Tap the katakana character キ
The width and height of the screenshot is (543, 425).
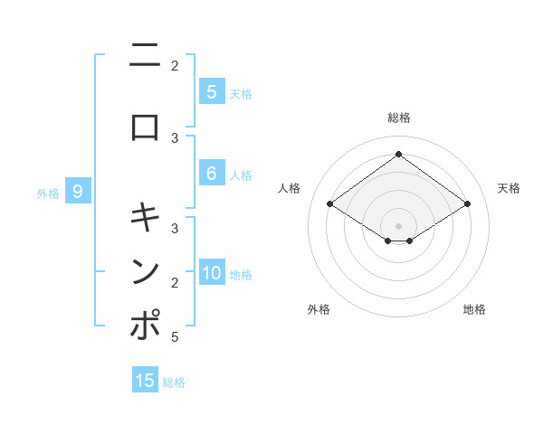[145, 218]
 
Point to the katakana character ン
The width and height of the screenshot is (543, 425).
[145, 271]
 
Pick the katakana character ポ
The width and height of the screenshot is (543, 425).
[145, 326]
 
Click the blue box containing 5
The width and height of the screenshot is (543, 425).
[211, 92]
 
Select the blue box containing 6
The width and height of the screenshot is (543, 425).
[211, 175]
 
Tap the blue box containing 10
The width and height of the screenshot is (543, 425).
[212, 274]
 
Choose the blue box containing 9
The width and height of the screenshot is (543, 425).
[78, 192]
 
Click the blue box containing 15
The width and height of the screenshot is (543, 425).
[145, 381]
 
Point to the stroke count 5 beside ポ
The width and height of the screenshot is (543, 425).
[175, 336]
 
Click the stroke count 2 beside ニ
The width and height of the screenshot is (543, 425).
[175, 65]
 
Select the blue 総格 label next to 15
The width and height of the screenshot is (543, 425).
[174, 382]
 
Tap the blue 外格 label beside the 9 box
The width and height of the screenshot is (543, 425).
[48, 193]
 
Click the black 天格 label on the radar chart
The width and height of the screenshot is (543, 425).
[510, 188]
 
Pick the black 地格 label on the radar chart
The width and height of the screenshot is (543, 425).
[474, 309]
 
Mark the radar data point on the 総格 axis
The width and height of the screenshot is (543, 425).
[398, 155]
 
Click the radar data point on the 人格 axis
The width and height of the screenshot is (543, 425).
[329, 204]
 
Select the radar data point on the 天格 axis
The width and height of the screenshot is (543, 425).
[467, 204]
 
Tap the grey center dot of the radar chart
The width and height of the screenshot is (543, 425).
[398, 225]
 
